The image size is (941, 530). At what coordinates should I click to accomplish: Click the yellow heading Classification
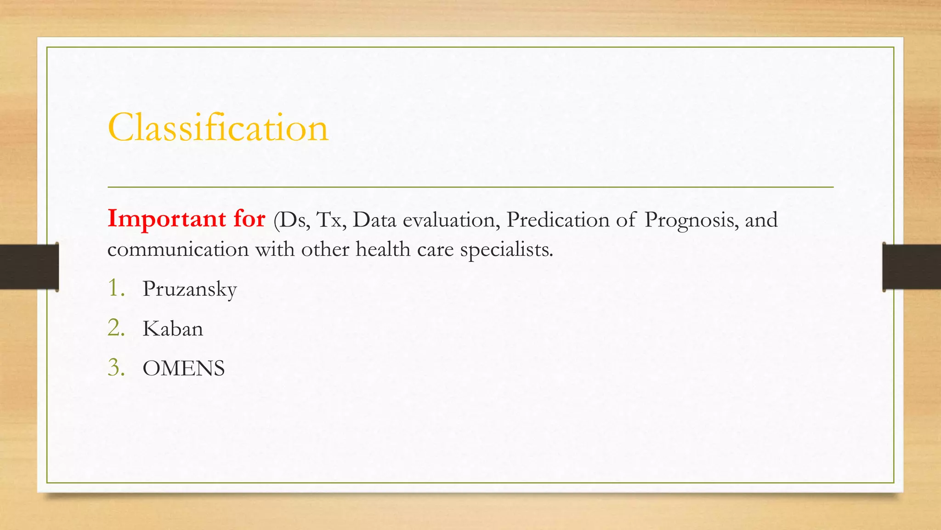218,127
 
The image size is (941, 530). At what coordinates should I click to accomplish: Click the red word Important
166,219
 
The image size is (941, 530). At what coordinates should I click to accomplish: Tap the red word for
249,218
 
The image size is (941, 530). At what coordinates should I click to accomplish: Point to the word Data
374,220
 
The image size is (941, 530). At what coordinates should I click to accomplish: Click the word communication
178,249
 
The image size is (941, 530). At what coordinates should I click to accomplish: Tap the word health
383,249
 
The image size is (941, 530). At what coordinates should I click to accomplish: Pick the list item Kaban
172,329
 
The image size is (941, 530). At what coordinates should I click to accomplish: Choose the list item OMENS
183,369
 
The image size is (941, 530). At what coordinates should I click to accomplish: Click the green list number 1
116,288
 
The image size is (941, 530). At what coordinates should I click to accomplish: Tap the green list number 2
116,328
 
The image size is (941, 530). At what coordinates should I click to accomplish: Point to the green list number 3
116,368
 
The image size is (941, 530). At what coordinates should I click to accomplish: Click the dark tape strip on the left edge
28,267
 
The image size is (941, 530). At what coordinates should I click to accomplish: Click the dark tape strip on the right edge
912,267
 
